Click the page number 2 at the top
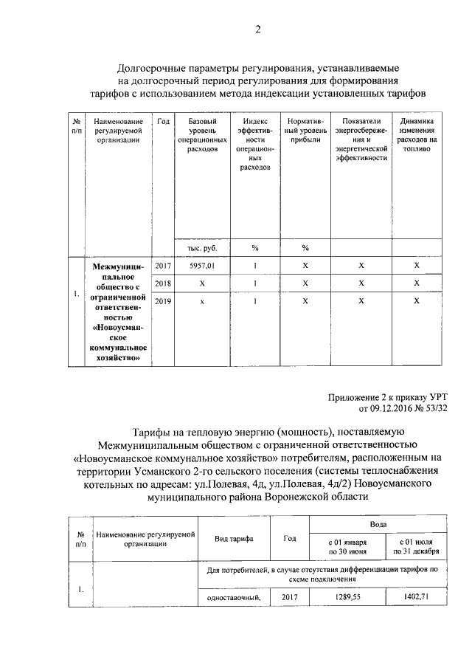click(257, 30)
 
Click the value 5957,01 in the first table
click(201, 264)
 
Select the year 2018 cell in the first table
click(162, 283)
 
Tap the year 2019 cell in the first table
click(162, 300)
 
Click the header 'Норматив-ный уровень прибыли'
click(305, 129)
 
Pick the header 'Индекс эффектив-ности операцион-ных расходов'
click(254, 143)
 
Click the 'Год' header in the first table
click(163, 120)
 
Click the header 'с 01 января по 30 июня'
click(347, 546)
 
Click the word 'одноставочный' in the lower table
click(235, 597)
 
